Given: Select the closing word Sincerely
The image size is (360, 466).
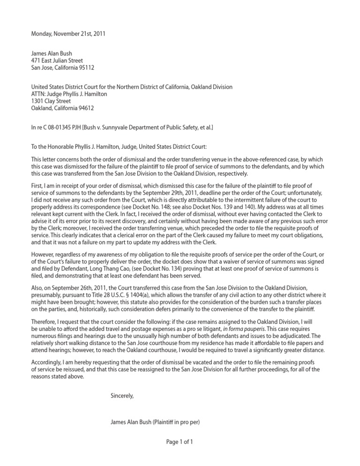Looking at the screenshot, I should pos(122,396).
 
